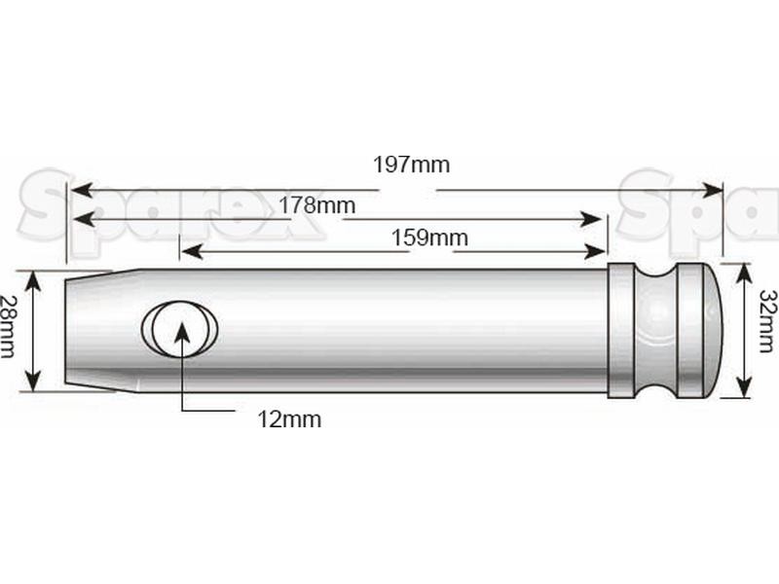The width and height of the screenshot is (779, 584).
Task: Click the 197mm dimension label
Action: click(412, 164)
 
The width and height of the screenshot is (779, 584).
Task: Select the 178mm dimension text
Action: click(316, 205)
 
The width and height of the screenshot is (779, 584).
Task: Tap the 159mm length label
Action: click(429, 237)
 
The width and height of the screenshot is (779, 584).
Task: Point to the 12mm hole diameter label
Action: click(289, 420)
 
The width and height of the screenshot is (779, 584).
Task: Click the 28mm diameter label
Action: click(9, 328)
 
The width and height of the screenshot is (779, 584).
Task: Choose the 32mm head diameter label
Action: click(766, 328)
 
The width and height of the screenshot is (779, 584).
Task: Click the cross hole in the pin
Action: click(180, 327)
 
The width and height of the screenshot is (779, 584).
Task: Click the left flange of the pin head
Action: click(622, 329)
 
